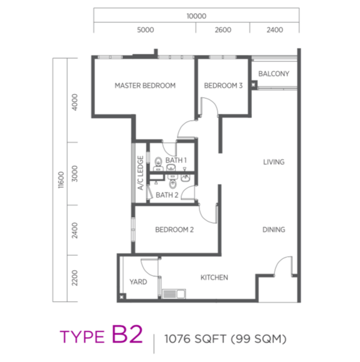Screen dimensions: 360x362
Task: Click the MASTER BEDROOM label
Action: (x=145, y=86)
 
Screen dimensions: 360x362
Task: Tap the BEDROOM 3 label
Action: (x=223, y=86)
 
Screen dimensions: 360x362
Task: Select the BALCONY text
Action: (x=274, y=74)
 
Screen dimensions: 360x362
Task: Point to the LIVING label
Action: (x=274, y=162)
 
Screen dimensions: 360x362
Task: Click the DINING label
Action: (x=274, y=230)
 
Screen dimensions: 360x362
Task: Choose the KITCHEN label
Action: (x=214, y=278)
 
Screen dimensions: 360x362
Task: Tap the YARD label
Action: (x=138, y=282)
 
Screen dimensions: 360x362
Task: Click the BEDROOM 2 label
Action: (x=174, y=230)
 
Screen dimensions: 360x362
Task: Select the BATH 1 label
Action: (x=176, y=160)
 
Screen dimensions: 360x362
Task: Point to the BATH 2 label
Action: (x=167, y=195)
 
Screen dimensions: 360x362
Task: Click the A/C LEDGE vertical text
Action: (x=141, y=173)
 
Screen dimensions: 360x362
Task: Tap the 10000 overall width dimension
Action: (x=196, y=16)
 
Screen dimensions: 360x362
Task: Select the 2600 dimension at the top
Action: (x=223, y=30)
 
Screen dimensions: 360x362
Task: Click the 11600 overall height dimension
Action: (x=61, y=180)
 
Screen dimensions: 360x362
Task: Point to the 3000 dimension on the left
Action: (x=75, y=174)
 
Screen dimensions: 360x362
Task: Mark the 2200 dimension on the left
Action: (x=75, y=278)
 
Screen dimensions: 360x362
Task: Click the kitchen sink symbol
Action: (x=174, y=294)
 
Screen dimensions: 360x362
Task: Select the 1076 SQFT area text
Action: (x=196, y=339)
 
